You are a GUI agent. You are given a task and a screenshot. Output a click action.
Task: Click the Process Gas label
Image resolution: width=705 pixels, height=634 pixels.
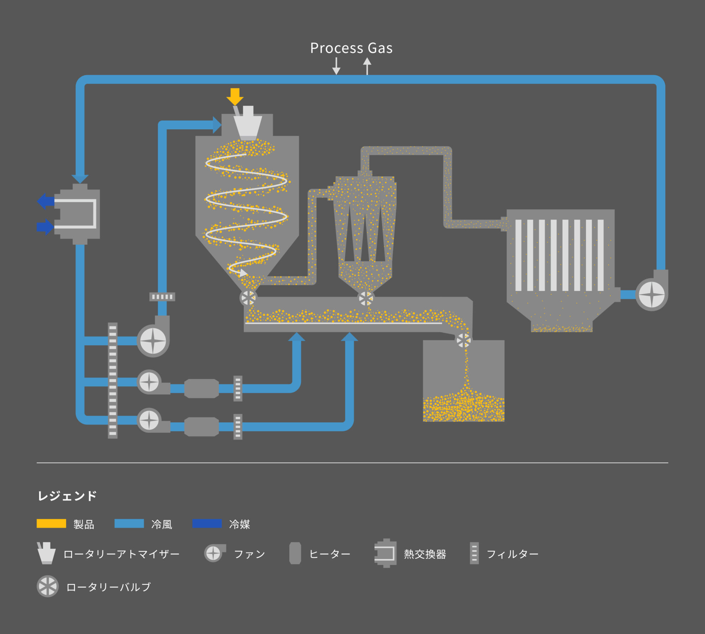[351, 48]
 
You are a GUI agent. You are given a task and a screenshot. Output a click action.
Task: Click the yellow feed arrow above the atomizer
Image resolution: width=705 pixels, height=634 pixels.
[235, 96]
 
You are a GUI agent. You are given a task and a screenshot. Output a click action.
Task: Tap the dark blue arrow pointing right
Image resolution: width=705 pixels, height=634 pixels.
[45, 227]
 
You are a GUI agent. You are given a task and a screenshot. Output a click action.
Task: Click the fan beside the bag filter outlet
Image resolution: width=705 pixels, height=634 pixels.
[652, 295]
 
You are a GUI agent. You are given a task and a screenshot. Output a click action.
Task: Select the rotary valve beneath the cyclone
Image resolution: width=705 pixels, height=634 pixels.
[366, 298]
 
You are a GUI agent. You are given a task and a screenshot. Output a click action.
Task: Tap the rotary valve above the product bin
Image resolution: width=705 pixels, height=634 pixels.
[464, 341]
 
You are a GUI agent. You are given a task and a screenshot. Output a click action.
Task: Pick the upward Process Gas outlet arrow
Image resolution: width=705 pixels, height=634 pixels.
[367, 66]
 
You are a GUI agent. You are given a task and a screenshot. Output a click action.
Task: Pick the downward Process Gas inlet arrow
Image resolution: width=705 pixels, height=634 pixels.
[336, 66]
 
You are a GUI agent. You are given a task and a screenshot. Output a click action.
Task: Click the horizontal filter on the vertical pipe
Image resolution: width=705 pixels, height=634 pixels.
[162, 297]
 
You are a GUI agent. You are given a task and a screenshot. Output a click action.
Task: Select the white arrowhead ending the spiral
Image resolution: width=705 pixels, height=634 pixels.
[243, 273]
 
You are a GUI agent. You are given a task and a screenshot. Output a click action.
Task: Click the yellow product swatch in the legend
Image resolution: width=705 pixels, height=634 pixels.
[51, 523]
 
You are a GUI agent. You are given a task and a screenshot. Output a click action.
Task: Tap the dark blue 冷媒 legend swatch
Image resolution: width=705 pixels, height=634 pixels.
[207, 523]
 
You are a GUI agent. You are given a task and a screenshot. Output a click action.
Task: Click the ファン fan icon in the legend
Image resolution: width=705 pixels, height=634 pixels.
[214, 553]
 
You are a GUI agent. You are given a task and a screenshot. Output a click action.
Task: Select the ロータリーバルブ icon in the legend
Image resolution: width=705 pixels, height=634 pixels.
[48, 586]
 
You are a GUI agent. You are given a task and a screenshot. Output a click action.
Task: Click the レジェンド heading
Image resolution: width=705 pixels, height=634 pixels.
[67, 495]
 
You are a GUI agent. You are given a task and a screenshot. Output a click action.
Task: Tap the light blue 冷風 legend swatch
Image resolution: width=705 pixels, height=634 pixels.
[129, 523]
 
